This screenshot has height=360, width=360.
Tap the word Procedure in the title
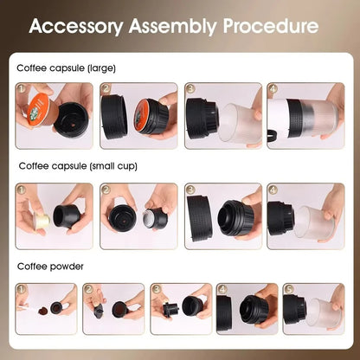(272, 25)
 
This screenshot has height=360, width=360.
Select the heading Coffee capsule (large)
(66, 67)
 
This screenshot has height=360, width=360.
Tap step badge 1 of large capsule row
(22, 88)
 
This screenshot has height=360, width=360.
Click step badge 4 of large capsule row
(273, 88)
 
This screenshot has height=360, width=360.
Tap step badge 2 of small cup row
(106, 188)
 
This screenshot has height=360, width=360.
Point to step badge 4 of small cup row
(273, 188)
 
